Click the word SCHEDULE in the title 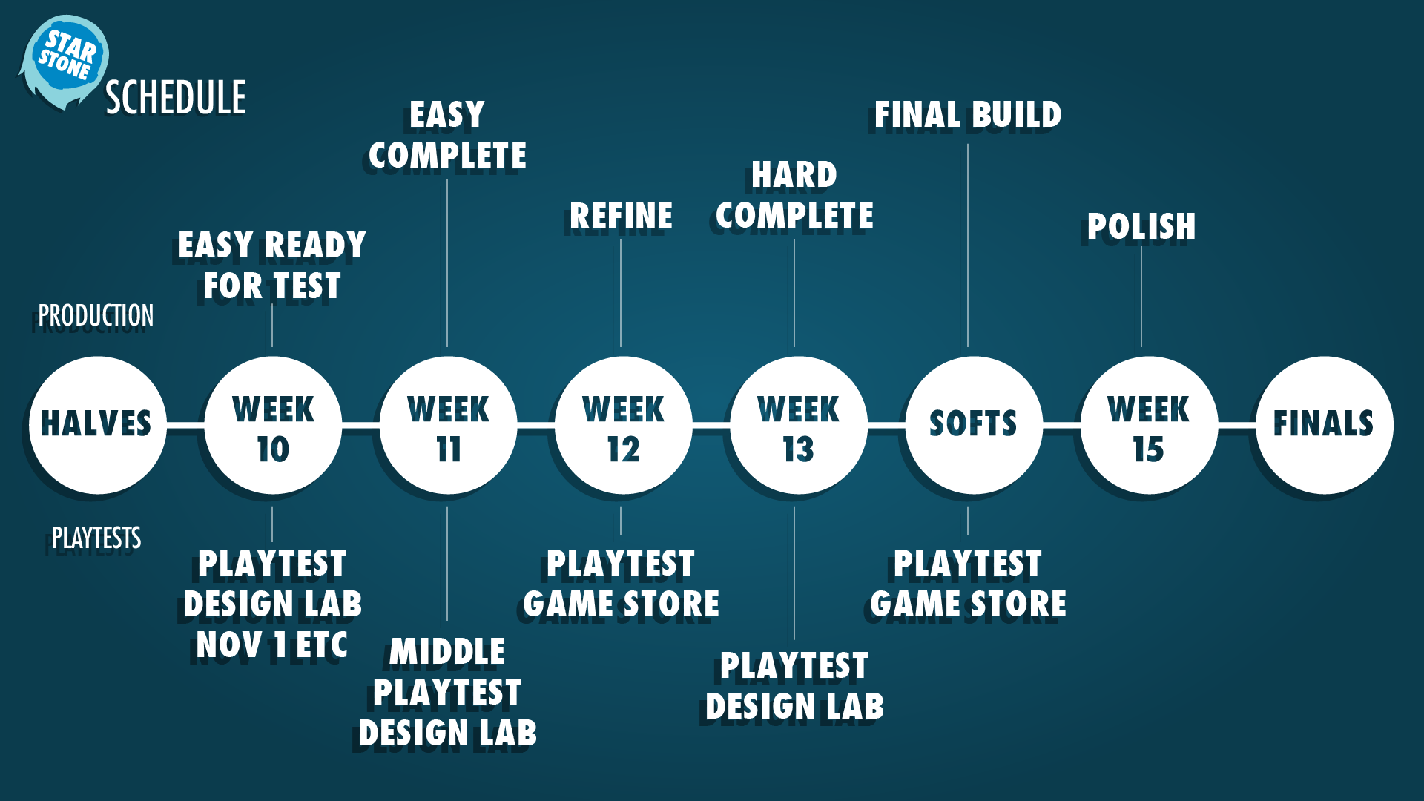pyautogui.click(x=176, y=98)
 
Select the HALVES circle pyautogui.click(x=97, y=425)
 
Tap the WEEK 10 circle pyautogui.click(x=273, y=425)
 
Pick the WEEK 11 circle pyautogui.click(x=448, y=425)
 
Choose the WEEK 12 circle pyautogui.click(x=623, y=425)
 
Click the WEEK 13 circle pyautogui.click(x=798, y=425)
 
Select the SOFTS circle pyautogui.click(x=974, y=425)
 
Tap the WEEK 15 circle pyautogui.click(x=1149, y=425)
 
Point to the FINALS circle pyautogui.click(x=1324, y=425)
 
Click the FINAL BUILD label pyautogui.click(x=968, y=115)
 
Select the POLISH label pyautogui.click(x=1141, y=227)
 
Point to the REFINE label pyautogui.click(x=622, y=217)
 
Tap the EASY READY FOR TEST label pyautogui.click(x=272, y=266)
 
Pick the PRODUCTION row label pyautogui.click(x=96, y=316)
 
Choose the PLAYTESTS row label pyautogui.click(x=96, y=538)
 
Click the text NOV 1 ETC pyautogui.click(x=272, y=645)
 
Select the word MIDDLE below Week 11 pyautogui.click(x=447, y=653)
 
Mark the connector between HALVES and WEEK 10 pyautogui.click(x=185, y=425)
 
